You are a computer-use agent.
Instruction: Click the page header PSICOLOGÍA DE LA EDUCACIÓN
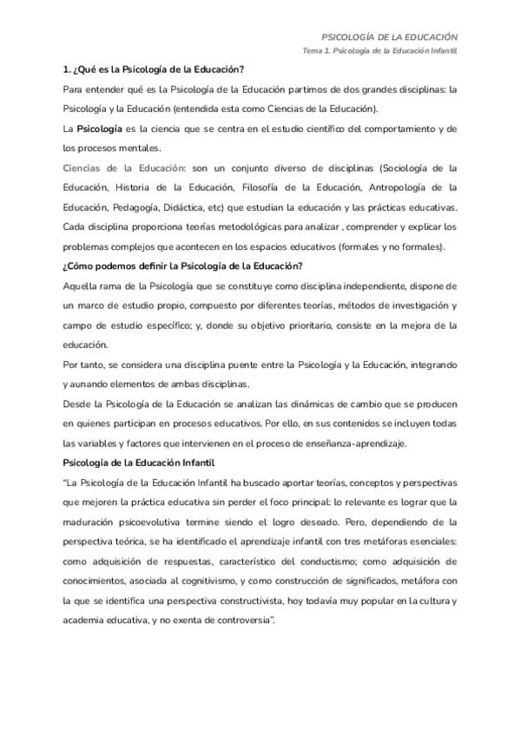click(389, 38)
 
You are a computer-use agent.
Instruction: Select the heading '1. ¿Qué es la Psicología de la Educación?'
click(154, 69)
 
